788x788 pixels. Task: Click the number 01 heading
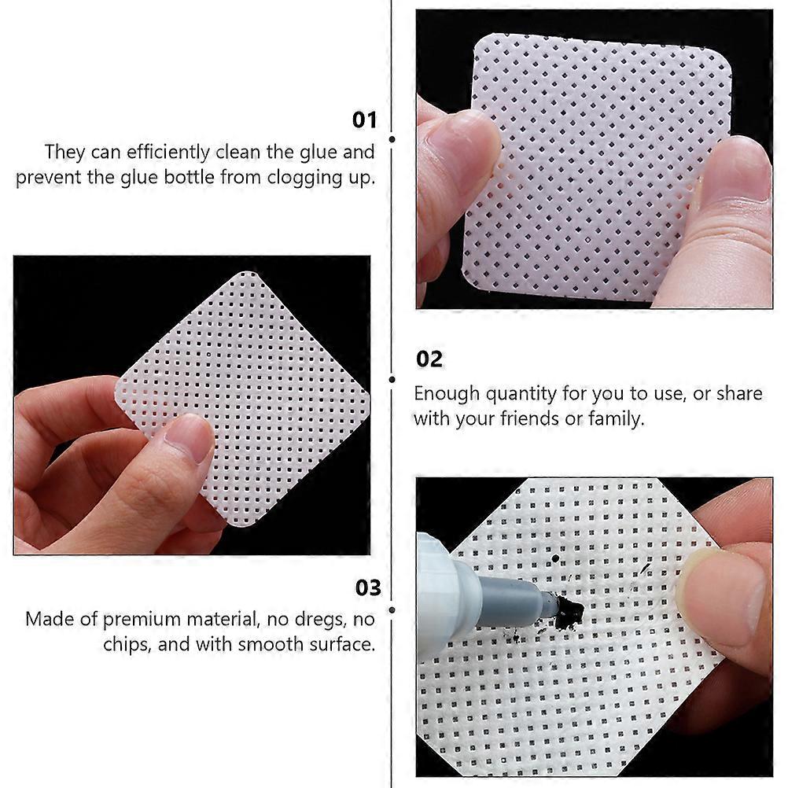pos(364,120)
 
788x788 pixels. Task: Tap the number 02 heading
pos(429,359)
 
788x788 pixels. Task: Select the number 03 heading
pos(368,588)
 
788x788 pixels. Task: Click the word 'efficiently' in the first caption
pos(168,153)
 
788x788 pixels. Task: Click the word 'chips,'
pos(127,645)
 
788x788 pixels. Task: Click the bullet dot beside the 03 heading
pos(392,610)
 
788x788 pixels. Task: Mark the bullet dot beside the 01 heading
pos(392,139)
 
